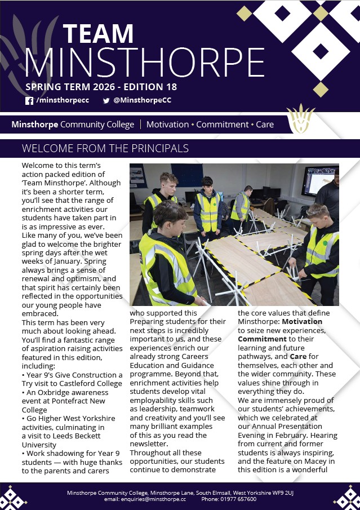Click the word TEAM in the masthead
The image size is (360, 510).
tap(98, 34)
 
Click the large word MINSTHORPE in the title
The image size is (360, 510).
tap(144, 62)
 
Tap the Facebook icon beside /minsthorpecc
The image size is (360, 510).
tap(29, 101)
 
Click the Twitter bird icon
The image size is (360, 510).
tap(106, 101)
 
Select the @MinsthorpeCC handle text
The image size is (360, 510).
tap(142, 100)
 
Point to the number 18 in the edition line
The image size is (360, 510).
tap(171, 87)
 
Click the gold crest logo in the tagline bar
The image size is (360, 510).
tap(300, 119)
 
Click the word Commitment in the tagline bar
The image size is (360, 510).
tap(222, 125)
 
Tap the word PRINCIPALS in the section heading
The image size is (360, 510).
tap(154, 149)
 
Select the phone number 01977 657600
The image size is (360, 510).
tap(239, 499)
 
